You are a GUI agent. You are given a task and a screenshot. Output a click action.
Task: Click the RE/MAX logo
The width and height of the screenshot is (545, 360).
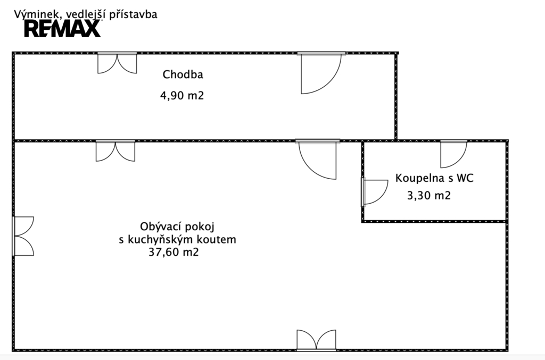pos(62,28)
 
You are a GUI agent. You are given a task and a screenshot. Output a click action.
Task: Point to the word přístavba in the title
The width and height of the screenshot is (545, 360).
pos(133,14)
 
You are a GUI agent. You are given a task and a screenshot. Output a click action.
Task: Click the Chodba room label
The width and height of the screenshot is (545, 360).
pos(183,74)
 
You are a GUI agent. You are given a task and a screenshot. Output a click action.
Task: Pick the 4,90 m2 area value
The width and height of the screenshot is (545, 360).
pos(183,96)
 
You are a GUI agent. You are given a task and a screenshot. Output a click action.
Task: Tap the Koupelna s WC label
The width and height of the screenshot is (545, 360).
pos(434,178)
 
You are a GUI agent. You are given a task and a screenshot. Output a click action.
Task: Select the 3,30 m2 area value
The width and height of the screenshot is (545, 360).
pos(428,195)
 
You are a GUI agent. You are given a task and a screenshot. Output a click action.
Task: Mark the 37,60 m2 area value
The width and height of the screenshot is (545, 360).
pos(175,253)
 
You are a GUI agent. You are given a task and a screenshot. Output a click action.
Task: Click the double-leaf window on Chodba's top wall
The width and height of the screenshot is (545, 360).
pos(117,63)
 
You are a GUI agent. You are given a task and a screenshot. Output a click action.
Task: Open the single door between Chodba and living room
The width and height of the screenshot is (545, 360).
pos(318,159)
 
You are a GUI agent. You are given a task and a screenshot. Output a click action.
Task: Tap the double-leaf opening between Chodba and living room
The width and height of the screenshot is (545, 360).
pos(115,150)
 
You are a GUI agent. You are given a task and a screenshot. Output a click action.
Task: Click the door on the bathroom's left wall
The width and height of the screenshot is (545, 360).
pos(374,191)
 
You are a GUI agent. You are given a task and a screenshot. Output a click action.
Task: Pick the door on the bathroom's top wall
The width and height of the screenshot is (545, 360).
pos(453,154)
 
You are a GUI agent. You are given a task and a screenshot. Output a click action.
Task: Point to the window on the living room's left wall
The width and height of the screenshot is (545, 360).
pos(23,236)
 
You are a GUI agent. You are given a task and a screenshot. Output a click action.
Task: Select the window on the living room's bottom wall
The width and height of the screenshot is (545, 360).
pos(316,340)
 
